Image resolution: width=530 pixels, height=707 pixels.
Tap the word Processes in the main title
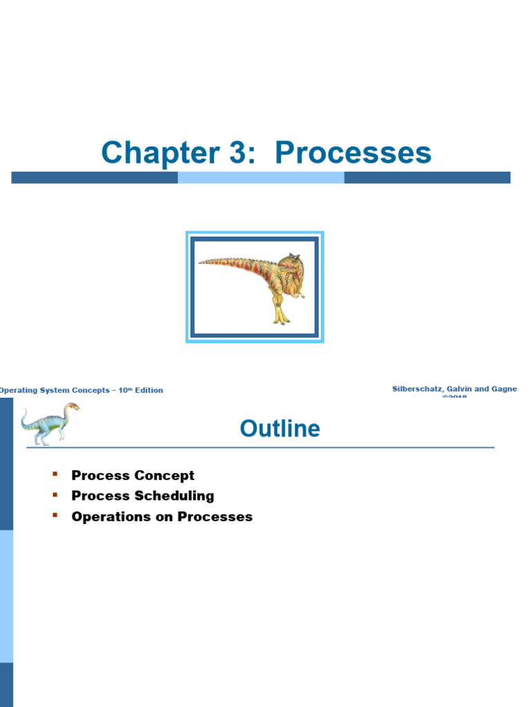353,153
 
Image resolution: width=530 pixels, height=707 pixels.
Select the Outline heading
279,429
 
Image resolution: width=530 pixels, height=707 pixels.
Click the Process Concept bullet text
132,475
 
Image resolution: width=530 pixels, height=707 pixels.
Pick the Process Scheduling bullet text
142,496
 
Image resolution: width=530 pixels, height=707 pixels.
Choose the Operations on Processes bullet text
161,516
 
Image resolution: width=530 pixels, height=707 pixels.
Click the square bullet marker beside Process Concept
55,474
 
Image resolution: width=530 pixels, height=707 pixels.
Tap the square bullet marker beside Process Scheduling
55,495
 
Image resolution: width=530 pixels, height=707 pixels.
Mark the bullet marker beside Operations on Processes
55,516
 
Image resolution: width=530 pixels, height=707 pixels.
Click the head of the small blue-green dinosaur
72,407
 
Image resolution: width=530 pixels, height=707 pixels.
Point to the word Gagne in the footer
502,389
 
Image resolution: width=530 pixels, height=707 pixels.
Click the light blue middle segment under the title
261,177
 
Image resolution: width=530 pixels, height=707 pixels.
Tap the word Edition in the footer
149,390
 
